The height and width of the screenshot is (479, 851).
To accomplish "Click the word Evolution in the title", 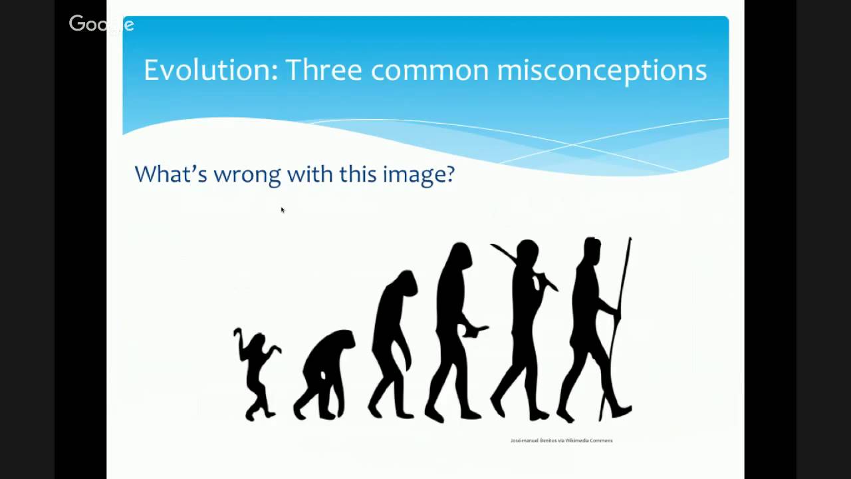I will [210, 70].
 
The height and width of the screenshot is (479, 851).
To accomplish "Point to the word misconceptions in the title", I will [602, 70].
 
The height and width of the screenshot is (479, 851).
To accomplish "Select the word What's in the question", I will [170, 174].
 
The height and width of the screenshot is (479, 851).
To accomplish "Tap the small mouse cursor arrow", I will [283, 210].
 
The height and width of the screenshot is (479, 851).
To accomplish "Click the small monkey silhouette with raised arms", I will [256, 373].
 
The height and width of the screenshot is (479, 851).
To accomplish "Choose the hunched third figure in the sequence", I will [394, 343].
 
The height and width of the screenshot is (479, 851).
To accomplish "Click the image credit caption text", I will [561, 440].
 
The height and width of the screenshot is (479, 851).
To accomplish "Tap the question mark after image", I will [450, 174].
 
